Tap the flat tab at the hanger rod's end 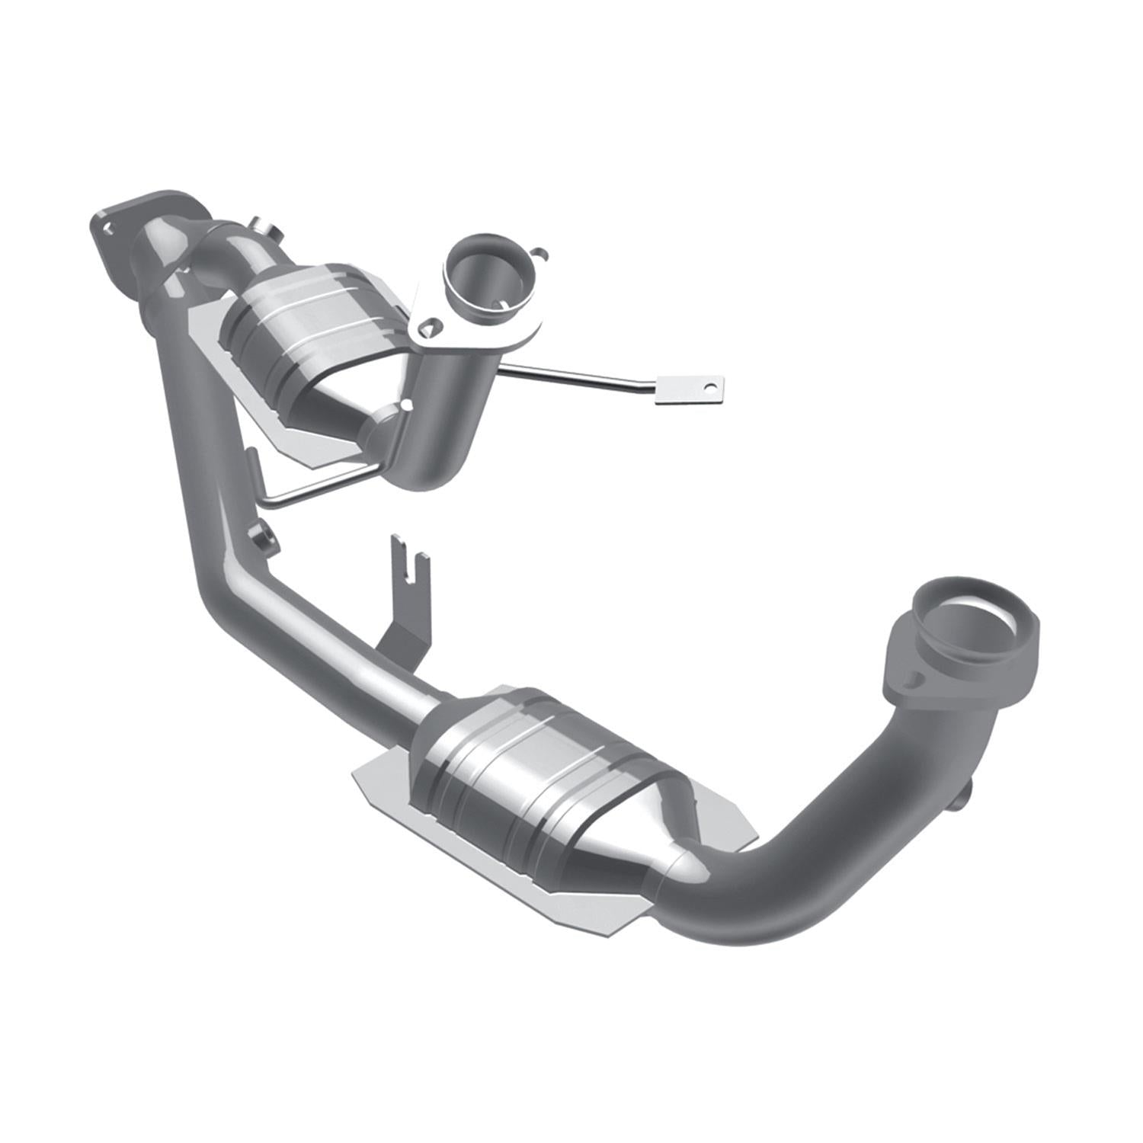[x=690, y=389]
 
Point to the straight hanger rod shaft [x=579, y=376]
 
